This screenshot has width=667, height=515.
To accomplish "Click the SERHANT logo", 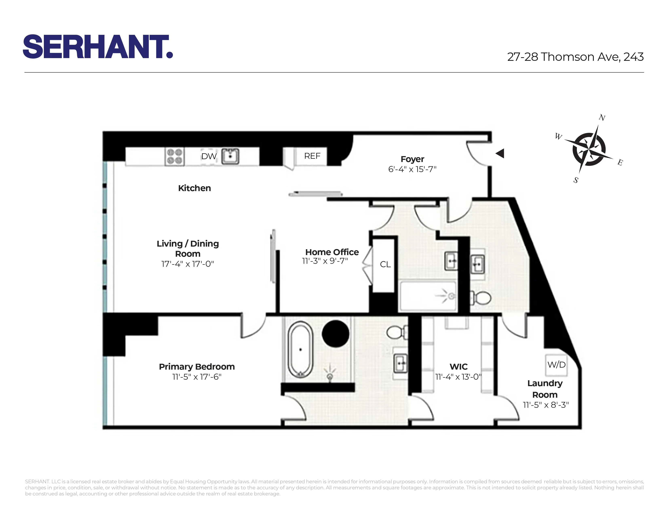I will [x=98, y=46].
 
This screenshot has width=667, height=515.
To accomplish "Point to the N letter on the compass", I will [x=602, y=118].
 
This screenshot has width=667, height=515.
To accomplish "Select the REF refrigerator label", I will [x=312, y=156].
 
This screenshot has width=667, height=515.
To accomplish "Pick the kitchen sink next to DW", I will [x=230, y=156].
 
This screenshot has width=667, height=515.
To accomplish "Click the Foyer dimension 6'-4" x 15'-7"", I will [x=412, y=169].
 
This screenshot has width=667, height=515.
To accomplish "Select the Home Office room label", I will [x=332, y=252].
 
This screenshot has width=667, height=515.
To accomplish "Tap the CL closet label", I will [x=385, y=264].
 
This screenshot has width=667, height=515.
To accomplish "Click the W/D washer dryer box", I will [x=556, y=365].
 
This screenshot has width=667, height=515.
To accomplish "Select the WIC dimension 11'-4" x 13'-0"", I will [x=458, y=377].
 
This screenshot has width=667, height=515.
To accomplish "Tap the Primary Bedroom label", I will [x=197, y=367].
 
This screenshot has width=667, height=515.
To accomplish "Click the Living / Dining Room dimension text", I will [x=188, y=264].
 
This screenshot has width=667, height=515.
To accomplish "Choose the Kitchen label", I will [x=194, y=188].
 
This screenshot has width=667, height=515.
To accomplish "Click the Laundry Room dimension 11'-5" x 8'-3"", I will [x=546, y=405].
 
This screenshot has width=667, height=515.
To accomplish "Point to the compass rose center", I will [x=589, y=149].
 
